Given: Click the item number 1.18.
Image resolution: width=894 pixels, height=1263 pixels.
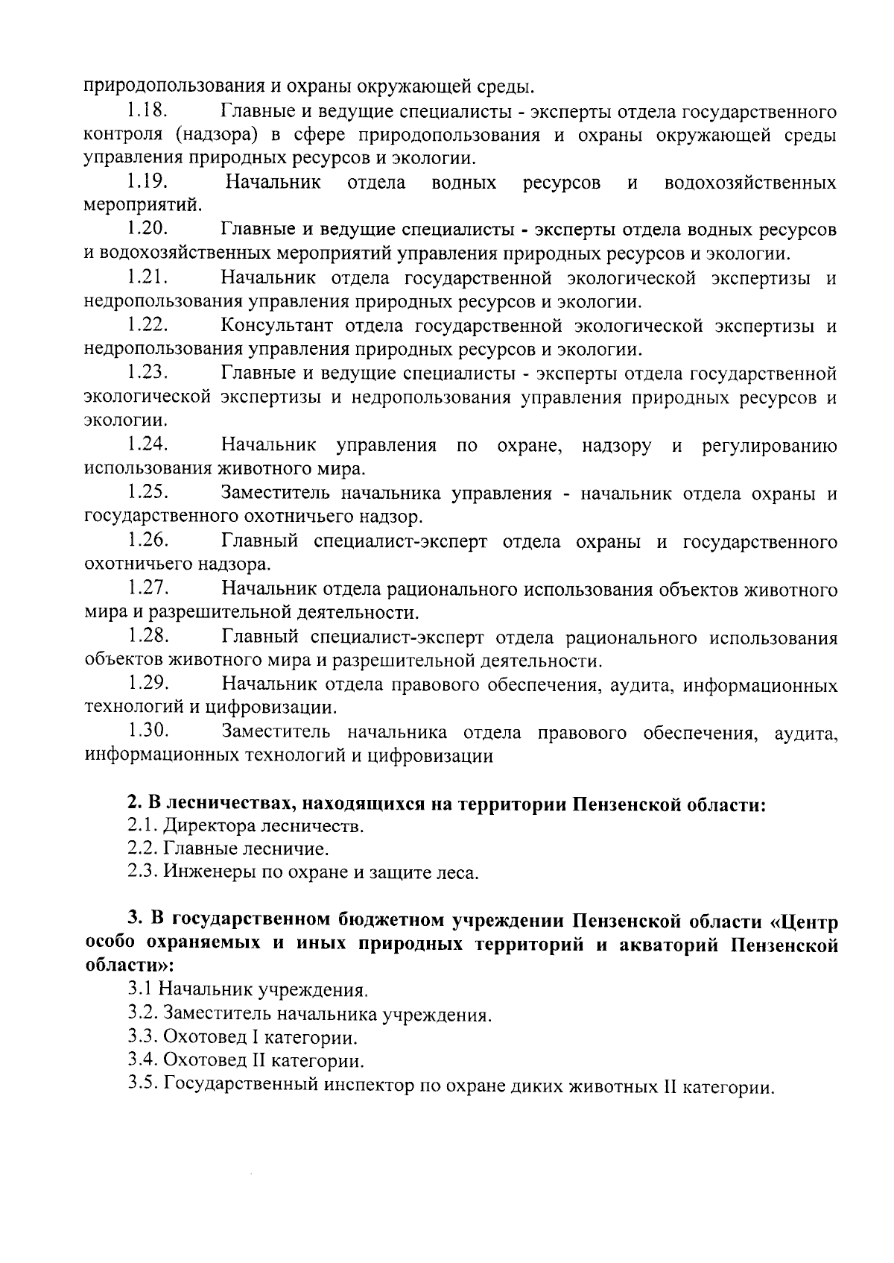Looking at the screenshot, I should click(x=146, y=112).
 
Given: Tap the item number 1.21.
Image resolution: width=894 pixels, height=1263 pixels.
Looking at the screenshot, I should click(x=146, y=278).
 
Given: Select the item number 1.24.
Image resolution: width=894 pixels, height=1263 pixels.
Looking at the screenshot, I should click(x=146, y=445).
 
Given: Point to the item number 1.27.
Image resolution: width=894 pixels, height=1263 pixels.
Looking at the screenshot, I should click(x=146, y=589).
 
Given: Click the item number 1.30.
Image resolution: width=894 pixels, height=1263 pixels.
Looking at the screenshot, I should click(x=146, y=732).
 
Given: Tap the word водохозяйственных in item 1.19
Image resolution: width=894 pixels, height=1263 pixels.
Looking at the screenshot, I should click(x=749, y=183).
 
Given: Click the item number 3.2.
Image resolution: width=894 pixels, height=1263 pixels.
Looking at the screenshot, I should click(x=142, y=1014).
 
